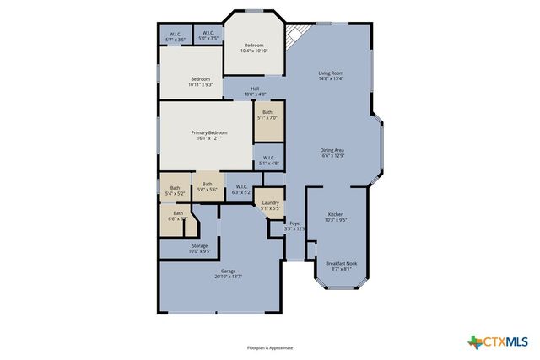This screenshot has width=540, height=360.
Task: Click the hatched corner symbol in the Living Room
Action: (x=294, y=35)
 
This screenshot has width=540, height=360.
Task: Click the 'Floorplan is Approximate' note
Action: (x=270, y=347)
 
